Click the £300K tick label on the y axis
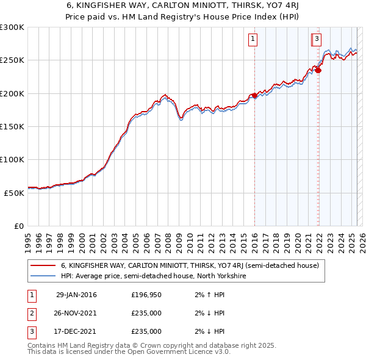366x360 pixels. pos(12,27)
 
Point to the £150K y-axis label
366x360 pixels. pos(12,126)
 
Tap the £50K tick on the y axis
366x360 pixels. pos(15,192)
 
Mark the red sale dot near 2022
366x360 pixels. pos(318,70)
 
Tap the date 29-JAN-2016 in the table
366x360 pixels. pos(76,295)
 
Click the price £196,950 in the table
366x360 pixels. pos(146,295)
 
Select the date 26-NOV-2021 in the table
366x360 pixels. pos(76,314)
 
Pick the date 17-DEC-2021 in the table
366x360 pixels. pos(76,332)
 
